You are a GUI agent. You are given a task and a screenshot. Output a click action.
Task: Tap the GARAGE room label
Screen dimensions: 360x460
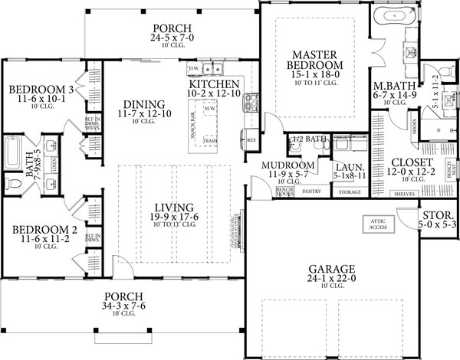point(331,269)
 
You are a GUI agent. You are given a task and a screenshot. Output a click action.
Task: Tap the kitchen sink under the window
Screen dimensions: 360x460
point(214,67)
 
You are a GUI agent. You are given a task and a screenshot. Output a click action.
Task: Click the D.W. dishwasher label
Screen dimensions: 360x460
point(192,68)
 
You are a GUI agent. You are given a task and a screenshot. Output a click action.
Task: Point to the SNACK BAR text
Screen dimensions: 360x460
point(190,130)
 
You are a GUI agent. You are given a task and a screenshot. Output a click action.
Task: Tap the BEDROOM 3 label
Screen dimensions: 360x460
point(37,90)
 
